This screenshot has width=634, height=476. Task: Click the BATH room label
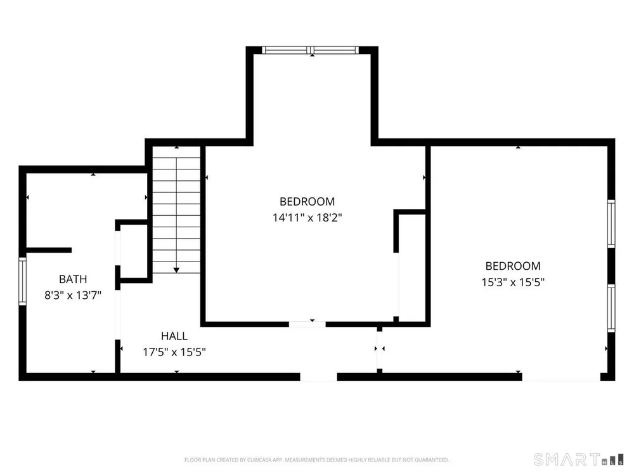73,279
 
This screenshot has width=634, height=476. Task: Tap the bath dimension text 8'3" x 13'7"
73,295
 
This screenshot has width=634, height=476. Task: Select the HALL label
174,336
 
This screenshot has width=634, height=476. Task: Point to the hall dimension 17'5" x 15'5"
174,352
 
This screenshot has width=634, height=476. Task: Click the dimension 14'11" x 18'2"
307,218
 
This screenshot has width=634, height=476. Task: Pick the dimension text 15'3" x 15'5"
513,282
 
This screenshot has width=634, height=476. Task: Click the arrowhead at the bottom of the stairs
176,270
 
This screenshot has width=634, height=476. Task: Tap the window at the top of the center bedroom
310,50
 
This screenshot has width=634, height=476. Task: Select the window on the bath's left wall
23,281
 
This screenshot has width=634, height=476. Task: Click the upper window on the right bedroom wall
611,223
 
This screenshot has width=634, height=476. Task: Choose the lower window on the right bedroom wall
611,308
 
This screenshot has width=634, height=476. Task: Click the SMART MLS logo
578,459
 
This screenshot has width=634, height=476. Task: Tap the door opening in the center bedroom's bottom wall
307,324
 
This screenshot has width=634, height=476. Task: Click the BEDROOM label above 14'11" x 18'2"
307,202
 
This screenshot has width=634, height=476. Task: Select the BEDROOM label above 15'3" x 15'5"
513,266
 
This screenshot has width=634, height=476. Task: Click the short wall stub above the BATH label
49,250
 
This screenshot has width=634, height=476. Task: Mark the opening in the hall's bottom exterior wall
319,377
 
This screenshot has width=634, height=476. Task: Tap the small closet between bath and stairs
134,251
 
